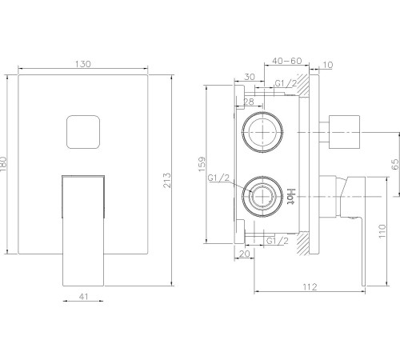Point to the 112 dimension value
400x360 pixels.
310,287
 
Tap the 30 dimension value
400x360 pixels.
249,78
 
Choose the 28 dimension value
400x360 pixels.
249,102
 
